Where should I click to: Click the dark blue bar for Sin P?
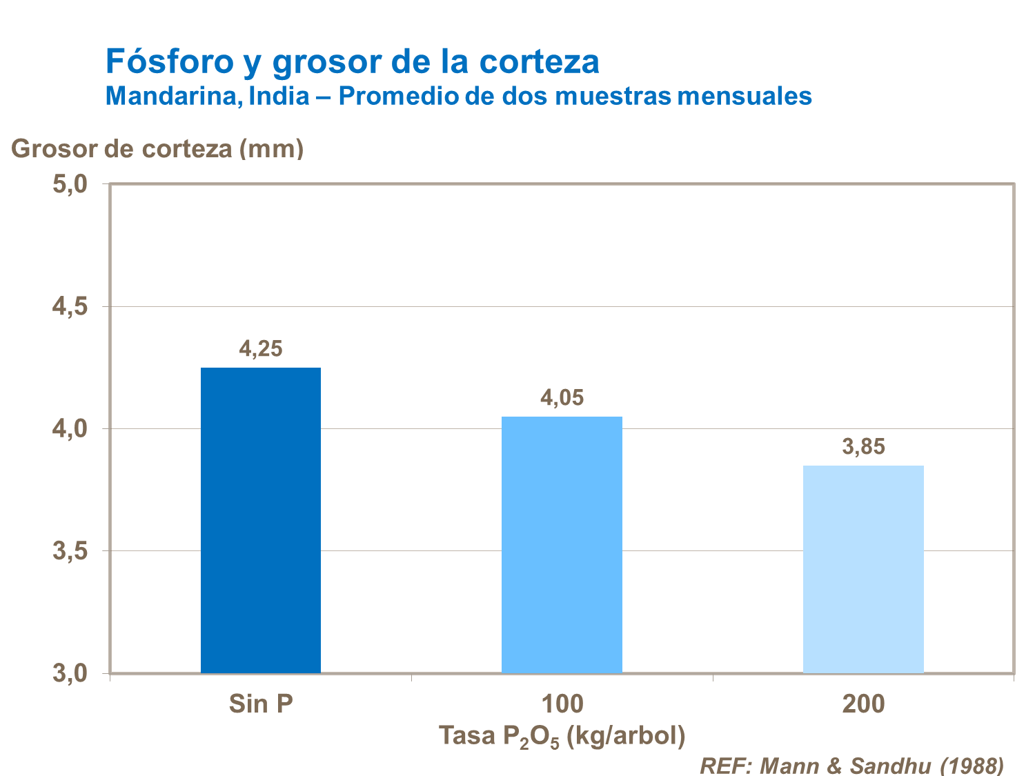[x=261, y=520]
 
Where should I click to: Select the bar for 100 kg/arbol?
[x=562, y=544]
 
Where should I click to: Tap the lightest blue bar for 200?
[x=863, y=569]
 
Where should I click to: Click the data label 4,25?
[x=261, y=349]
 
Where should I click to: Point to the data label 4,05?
[x=562, y=398]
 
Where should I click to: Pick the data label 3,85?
[x=863, y=447]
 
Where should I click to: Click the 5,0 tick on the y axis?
[x=70, y=184]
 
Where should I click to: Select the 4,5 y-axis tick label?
[x=70, y=306]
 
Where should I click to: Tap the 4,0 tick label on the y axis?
[x=70, y=429]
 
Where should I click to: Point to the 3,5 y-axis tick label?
[x=70, y=551]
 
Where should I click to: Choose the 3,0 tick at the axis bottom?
[x=70, y=673]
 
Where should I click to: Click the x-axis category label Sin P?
[x=261, y=704]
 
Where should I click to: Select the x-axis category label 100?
[x=562, y=704]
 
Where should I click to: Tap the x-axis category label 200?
[x=863, y=704]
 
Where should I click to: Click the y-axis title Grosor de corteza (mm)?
[x=157, y=148]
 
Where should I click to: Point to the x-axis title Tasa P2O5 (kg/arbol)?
[x=562, y=736]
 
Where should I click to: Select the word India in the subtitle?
[x=279, y=96]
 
